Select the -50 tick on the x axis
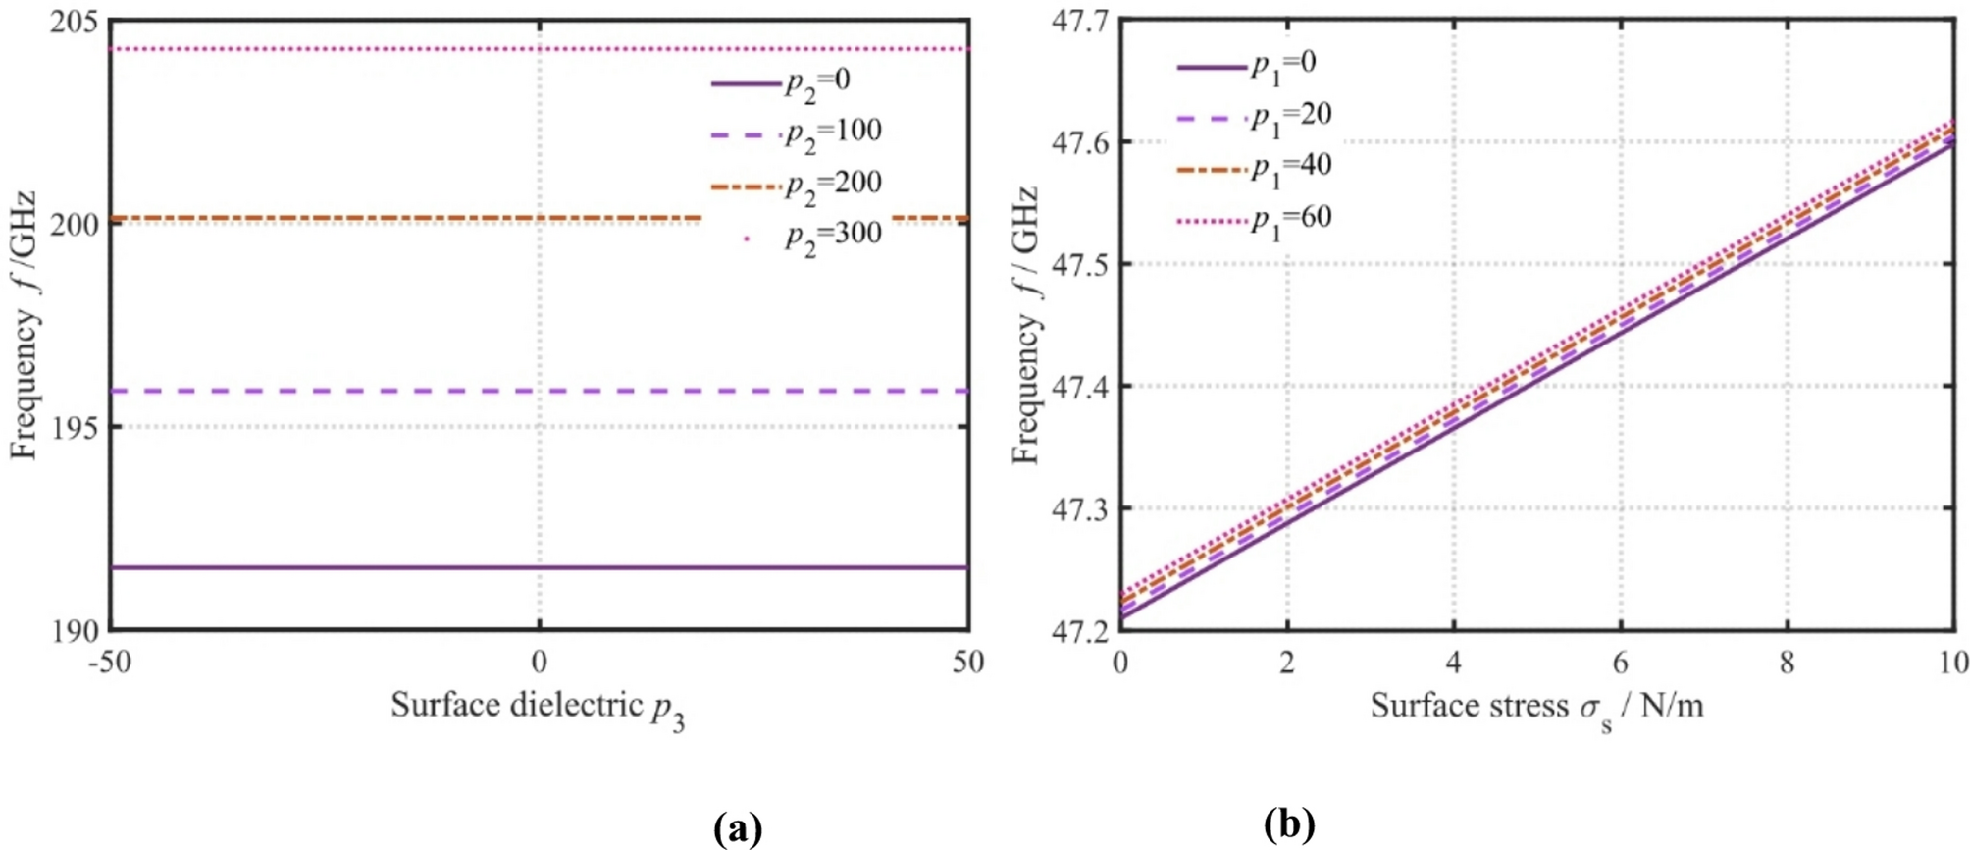tap(110, 663)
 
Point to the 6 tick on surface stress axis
tap(1621, 663)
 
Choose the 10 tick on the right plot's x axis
tap(1952, 663)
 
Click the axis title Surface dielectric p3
tap(538, 708)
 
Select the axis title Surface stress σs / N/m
tap(1536, 708)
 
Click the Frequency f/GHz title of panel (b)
tap(1024, 324)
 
